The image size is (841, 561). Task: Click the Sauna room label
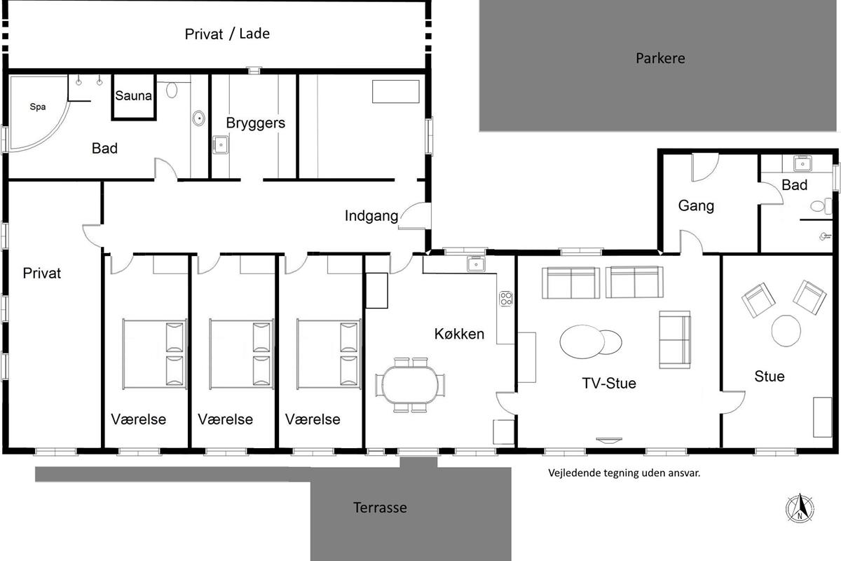click(133, 95)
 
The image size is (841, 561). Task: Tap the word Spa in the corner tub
click(38, 107)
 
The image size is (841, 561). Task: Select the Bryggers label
click(255, 123)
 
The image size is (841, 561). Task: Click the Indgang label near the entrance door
click(371, 216)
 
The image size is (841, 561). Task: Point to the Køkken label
click(459, 334)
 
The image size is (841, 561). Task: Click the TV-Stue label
click(609, 384)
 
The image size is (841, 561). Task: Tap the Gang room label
click(696, 206)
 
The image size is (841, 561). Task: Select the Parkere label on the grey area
click(660, 58)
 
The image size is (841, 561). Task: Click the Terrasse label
click(380, 508)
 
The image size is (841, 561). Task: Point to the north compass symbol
click(800, 508)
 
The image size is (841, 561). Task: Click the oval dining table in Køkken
click(411, 385)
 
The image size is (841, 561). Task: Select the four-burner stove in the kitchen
click(506, 299)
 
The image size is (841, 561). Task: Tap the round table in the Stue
click(786, 331)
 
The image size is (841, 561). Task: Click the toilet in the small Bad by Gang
click(821, 206)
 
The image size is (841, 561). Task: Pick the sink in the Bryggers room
click(220, 144)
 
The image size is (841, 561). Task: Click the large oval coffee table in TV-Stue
click(582, 342)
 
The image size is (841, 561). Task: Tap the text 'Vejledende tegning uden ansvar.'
click(624, 473)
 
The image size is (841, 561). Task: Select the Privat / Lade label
click(227, 34)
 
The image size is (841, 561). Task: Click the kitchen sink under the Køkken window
click(476, 264)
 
